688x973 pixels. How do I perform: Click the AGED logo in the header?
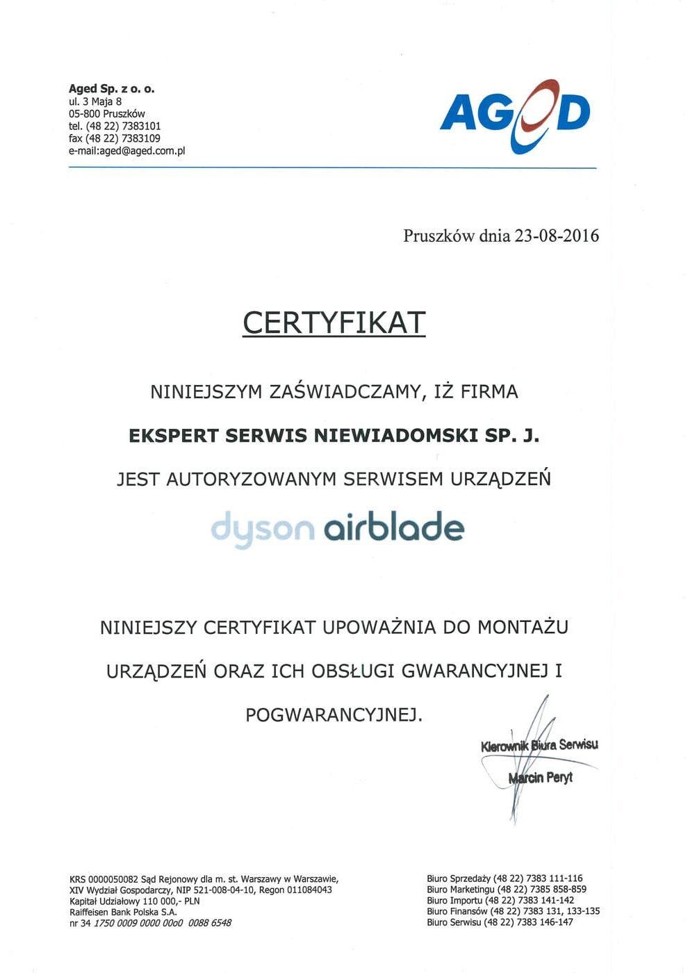(515, 115)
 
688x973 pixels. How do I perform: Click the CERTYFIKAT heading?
(334, 322)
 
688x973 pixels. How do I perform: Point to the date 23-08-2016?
(556, 236)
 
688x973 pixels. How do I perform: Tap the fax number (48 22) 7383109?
(123, 138)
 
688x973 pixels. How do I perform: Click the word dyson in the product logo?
(262, 528)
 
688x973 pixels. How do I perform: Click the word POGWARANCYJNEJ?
(334, 714)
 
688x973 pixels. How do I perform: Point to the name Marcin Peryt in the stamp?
(541, 777)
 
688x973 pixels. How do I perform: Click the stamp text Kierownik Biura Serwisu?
(539, 746)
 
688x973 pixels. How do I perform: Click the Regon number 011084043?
(309, 890)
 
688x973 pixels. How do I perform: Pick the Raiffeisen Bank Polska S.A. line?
(123, 912)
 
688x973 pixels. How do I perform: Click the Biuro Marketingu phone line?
(507, 889)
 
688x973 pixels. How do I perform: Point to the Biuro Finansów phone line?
(513, 911)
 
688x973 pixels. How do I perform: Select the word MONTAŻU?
(523, 627)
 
